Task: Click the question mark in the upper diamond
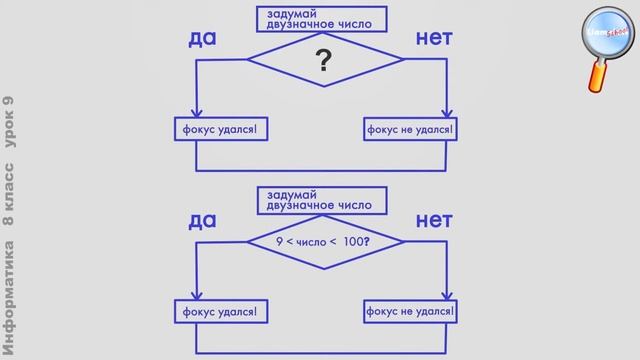click(x=323, y=62)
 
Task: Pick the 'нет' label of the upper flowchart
click(x=434, y=39)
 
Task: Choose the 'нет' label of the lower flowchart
click(x=434, y=219)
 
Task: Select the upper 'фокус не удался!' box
click(x=409, y=129)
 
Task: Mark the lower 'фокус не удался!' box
click(x=409, y=311)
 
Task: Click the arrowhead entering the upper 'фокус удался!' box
click(x=197, y=113)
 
